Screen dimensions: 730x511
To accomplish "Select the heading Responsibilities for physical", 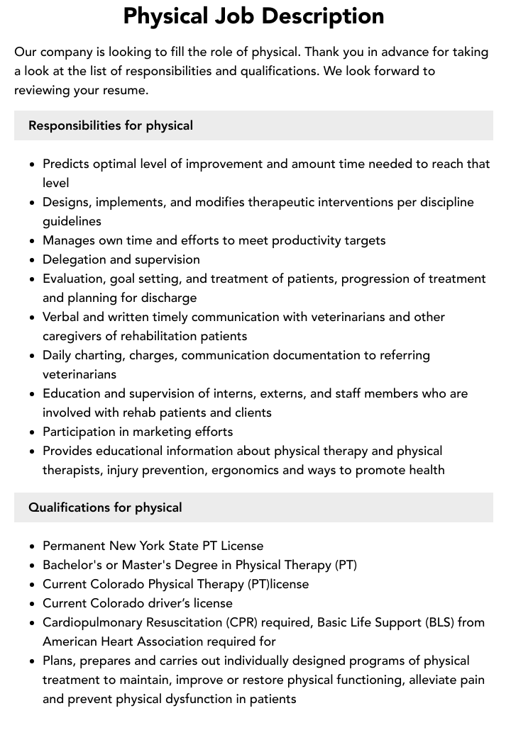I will point(111,125).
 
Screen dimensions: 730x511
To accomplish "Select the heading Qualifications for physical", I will point(105,507).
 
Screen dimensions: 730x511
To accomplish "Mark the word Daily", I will point(57,355).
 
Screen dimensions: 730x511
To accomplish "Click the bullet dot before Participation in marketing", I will point(33,432).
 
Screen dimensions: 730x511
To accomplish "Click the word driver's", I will point(168,603).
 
